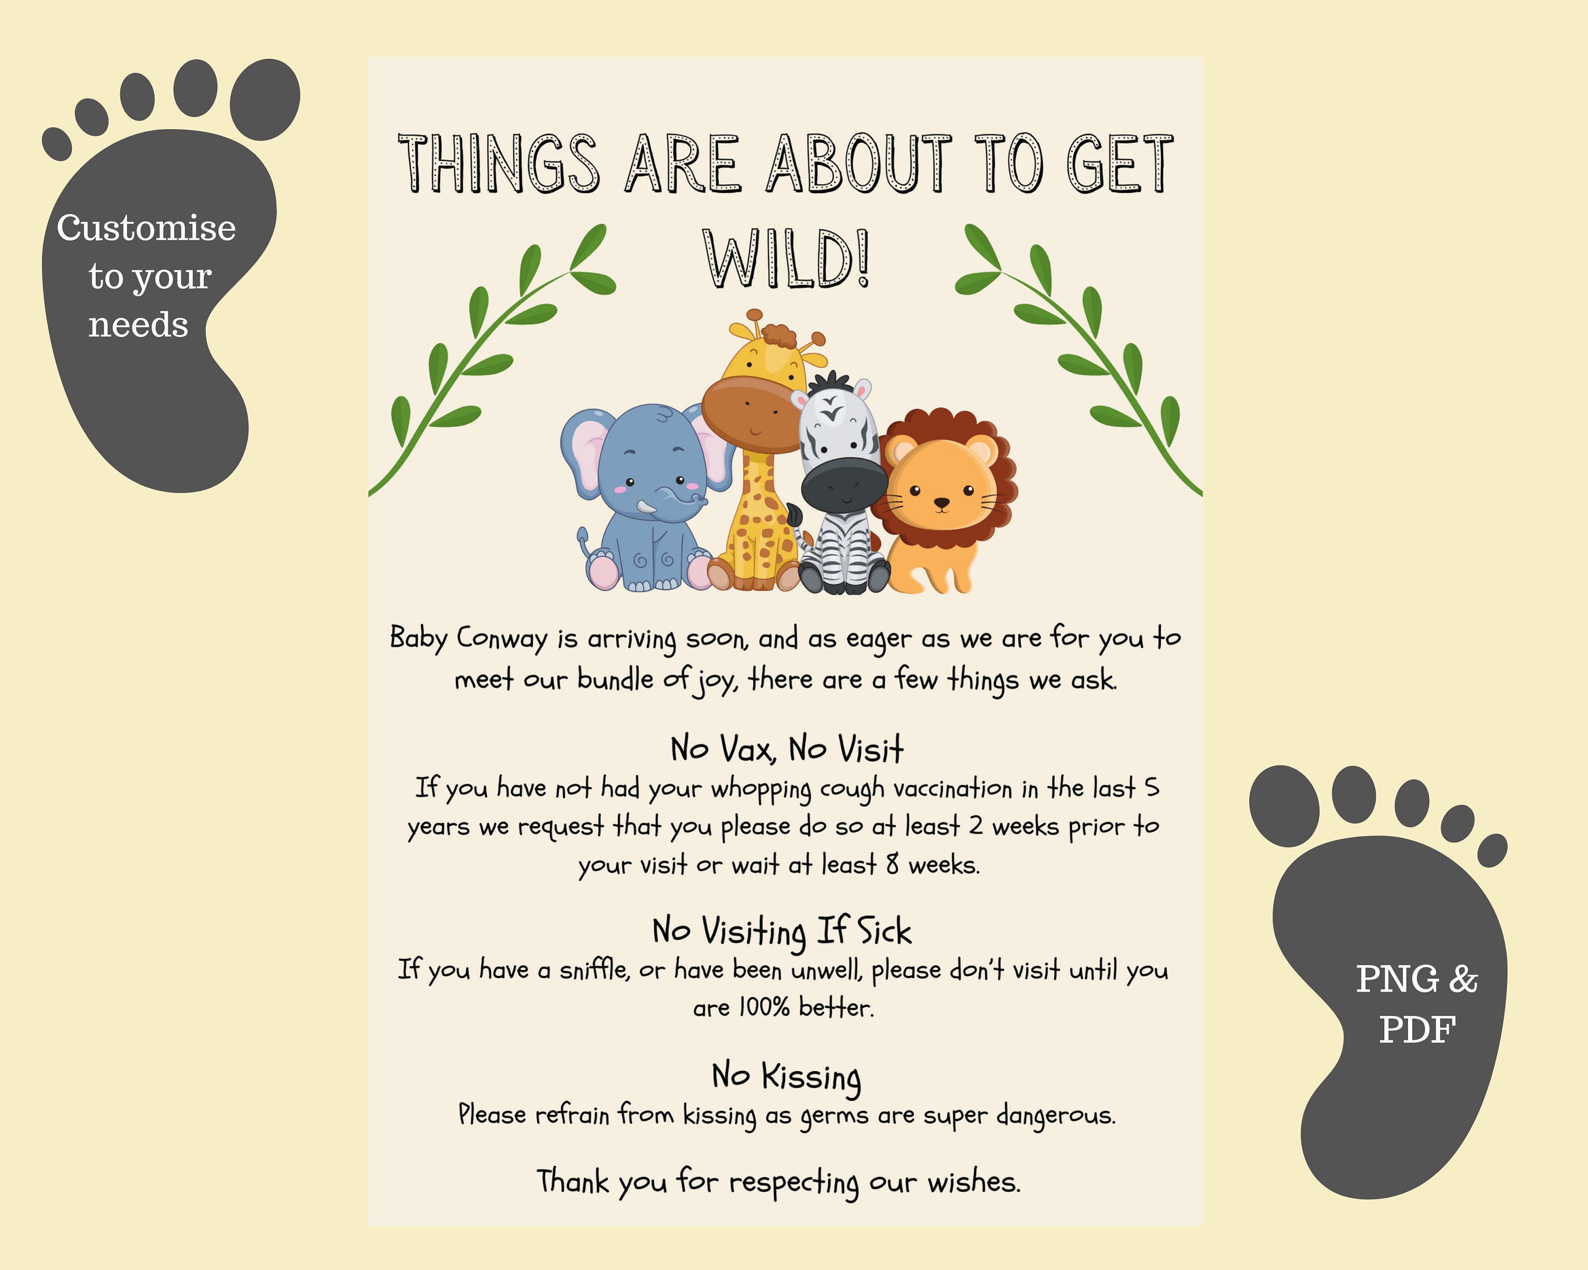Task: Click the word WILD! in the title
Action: coord(787,259)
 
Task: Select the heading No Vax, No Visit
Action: coord(786,749)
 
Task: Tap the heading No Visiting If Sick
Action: coord(781,931)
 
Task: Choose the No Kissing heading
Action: coord(786,1077)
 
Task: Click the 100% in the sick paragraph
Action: coord(764,1007)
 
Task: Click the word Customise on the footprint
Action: coord(147,228)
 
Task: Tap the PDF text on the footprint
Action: coord(1417,1029)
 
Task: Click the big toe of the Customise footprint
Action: coord(265,99)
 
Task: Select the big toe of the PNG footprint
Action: coord(1285,805)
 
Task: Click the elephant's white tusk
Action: coord(647,508)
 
